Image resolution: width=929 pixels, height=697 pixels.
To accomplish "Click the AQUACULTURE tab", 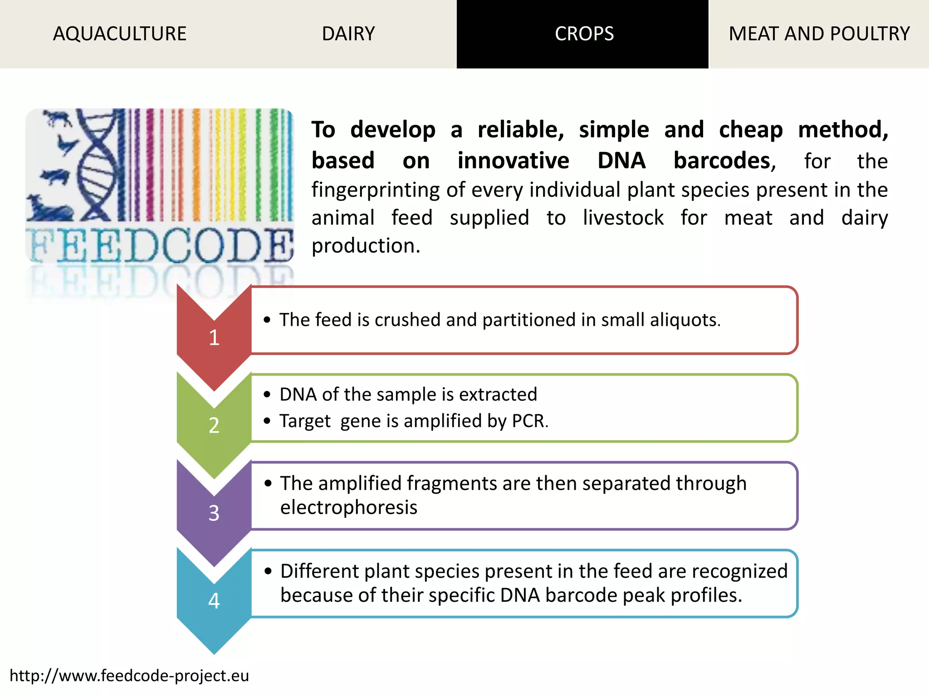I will tap(120, 34).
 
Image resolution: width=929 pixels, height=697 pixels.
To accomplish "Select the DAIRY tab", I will tap(348, 34).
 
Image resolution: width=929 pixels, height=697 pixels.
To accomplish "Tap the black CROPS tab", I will tap(584, 34).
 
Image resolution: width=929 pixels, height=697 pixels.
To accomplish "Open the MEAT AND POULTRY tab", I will tap(819, 34).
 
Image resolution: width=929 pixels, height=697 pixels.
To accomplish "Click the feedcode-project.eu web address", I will tap(129, 676).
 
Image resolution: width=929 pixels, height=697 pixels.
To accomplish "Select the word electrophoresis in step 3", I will tap(348, 507).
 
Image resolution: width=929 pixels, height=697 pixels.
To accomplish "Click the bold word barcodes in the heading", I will tap(724, 161).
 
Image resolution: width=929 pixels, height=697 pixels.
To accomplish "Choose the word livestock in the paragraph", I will tap(623, 218).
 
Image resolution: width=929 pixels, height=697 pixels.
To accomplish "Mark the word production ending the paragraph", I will tap(366, 246).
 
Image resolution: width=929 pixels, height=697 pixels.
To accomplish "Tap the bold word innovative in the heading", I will tap(513, 161).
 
